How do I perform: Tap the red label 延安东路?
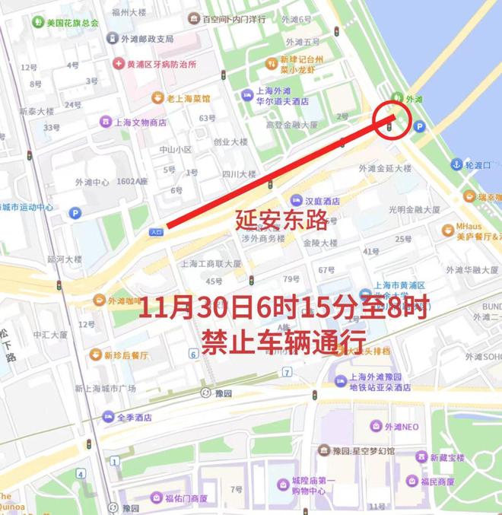[x=281, y=221]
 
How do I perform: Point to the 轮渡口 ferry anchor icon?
[x=456, y=164]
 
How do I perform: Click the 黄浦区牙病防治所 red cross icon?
[x=119, y=64]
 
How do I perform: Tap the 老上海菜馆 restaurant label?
[x=183, y=97]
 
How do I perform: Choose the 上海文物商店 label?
[x=137, y=122]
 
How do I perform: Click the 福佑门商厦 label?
[x=181, y=498]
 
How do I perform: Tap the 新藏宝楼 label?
[x=446, y=457]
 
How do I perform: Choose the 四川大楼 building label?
[x=239, y=174]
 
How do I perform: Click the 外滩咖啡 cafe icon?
[x=99, y=300]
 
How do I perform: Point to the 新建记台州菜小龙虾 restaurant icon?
[x=270, y=62]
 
